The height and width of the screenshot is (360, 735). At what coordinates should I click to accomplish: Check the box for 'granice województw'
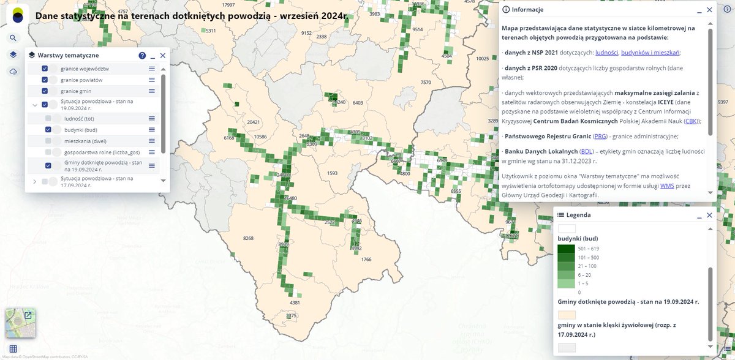pos(45,69)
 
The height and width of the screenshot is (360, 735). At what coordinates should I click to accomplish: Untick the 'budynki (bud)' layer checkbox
pos(48,130)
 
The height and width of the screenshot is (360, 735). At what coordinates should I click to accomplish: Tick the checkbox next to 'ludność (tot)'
pos(48,118)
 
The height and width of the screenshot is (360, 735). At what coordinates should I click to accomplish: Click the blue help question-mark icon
pos(142,55)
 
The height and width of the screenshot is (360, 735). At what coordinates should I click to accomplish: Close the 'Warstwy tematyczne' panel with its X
pos(163,55)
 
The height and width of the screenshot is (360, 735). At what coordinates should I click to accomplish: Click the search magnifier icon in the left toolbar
pos(13,38)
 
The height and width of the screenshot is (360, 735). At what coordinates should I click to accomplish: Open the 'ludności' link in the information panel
pos(606,52)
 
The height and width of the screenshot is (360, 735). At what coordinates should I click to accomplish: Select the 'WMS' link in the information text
pos(668,185)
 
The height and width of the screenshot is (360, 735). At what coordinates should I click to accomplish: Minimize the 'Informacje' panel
pos(698,10)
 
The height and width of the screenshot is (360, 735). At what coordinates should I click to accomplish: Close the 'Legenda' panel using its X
pos(710,215)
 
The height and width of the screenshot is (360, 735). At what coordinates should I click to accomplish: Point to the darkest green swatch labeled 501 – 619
pos(566,249)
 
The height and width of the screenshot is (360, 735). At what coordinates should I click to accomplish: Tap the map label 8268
pos(248,238)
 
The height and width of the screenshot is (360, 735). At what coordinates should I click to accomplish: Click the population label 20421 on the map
pos(254,122)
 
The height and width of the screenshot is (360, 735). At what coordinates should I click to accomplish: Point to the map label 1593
pos(332,173)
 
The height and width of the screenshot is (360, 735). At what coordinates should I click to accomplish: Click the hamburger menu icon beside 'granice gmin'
pos(151,91)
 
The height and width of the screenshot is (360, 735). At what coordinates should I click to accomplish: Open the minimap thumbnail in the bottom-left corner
pos(20,323)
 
